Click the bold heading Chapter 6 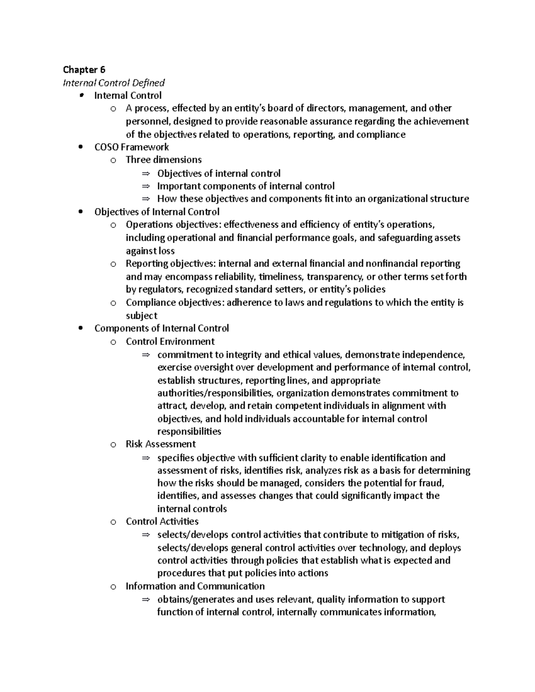tap(84, 70)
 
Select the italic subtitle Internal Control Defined tap(114, 82)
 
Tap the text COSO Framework tap(132, 147)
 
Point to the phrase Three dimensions tap(164, 160)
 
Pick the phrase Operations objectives tap(173, 225)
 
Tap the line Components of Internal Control tap(161, 328)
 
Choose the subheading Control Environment tap(170, 342)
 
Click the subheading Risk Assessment tap(160, 444)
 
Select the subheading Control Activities tap(162, 521)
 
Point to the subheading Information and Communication tap(195, 586)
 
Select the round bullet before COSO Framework tap(80, 147)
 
